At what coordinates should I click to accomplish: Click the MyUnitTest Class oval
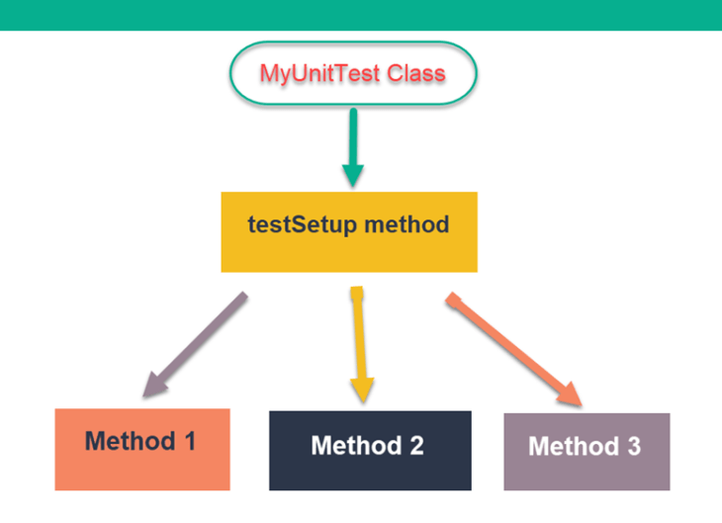coord(353,73)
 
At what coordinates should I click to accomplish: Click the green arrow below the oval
coord(353,138)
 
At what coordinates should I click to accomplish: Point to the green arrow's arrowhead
coord(353,175)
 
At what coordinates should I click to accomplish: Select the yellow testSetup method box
coord(349,231)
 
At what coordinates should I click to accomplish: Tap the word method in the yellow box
coord(406,224)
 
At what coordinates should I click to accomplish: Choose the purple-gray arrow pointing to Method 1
coord(198,341)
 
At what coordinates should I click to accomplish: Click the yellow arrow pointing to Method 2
coord(360,336)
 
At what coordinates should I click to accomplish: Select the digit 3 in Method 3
coord(632,447)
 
